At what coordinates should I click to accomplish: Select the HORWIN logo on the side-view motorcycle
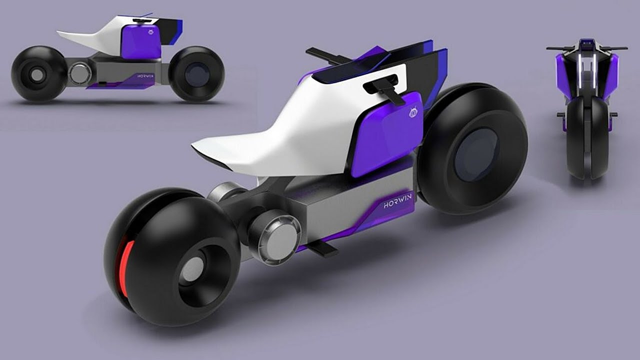point(145,76)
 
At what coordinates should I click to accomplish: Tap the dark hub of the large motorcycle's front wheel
point(476,155)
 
